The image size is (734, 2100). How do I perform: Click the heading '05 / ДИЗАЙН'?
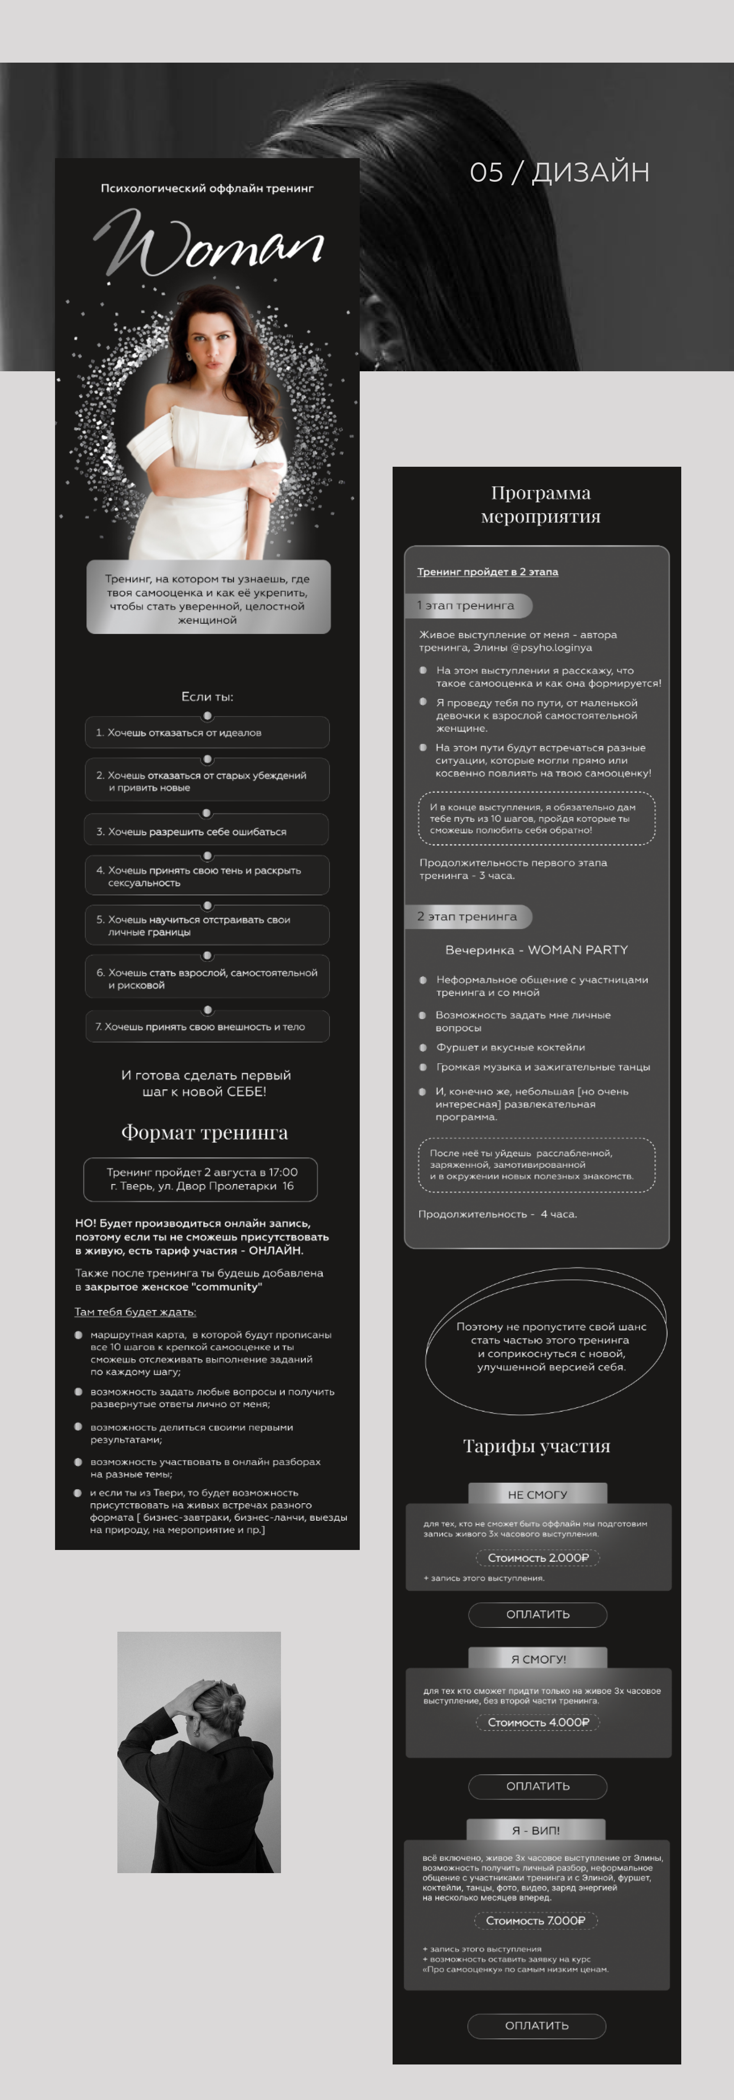click(x=559, y=172)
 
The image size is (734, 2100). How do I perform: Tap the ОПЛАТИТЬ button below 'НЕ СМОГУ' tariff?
click(x=538, y=1614)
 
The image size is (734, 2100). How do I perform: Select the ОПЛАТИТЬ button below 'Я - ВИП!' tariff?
click(x=537, y=2025)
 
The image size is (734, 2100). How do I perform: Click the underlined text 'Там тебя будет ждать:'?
click(x=135, y=1312)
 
